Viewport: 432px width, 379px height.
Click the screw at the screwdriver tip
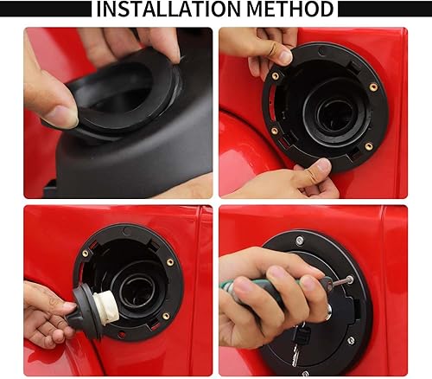[348, 279]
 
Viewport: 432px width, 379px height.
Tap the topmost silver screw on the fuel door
[299, 241]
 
